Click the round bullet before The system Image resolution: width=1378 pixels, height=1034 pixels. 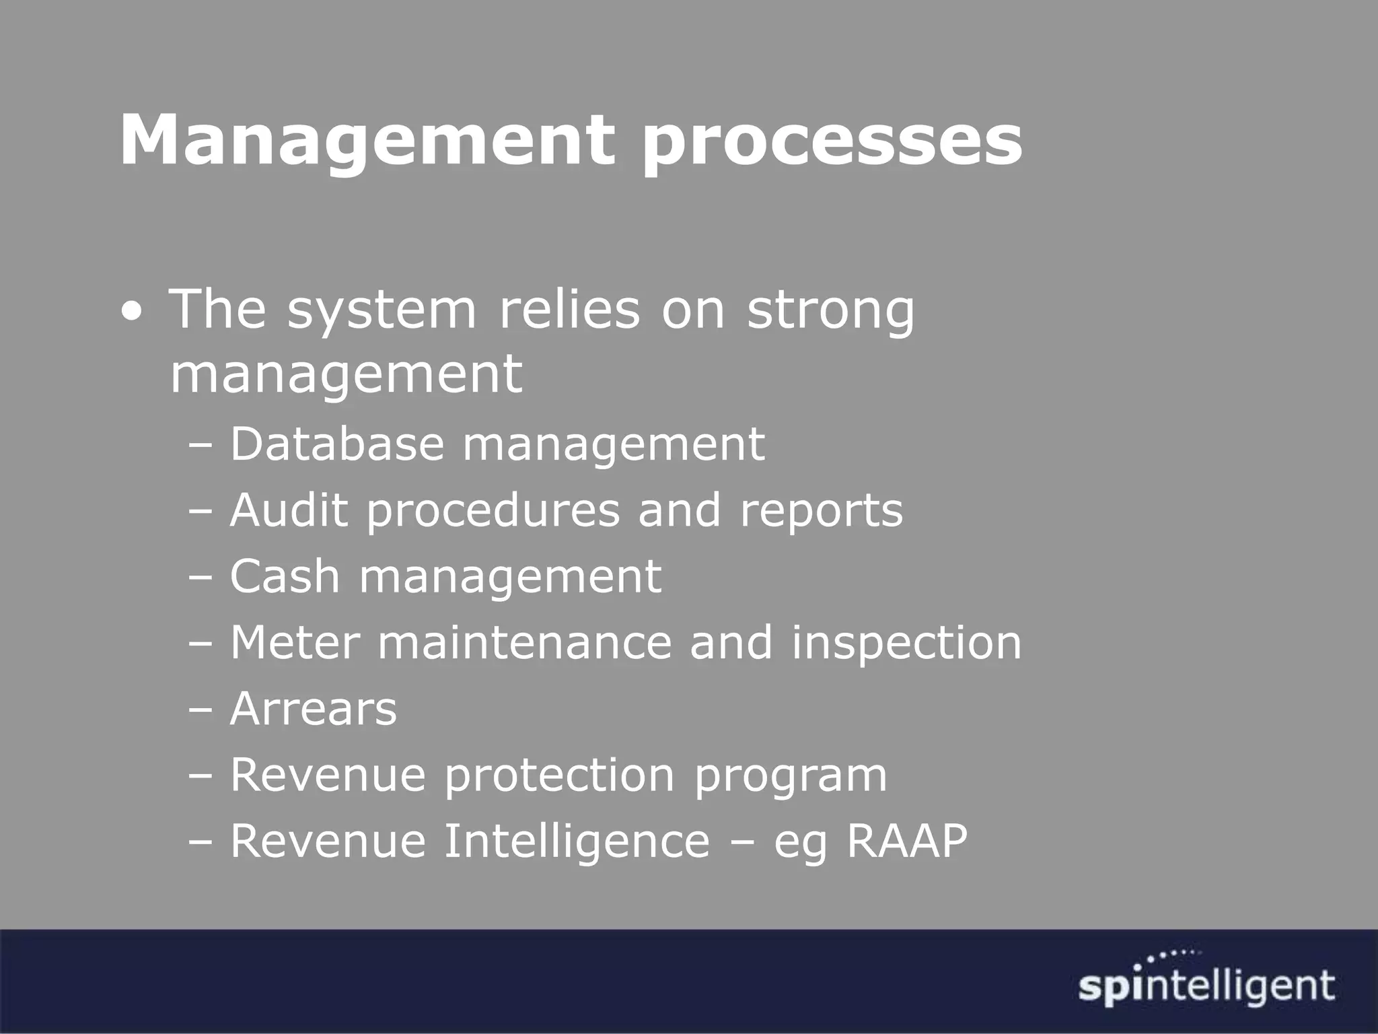pyautogui.click(x=133, y=312)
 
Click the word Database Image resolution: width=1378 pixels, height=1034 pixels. pyautogui.click(x=337, y=444)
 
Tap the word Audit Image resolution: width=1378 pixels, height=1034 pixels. pyautogui.click(x=289, y=510)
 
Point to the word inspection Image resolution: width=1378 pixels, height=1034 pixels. pyautogui.click(x=906, y=643)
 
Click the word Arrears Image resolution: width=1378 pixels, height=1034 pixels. pyautogui.click(x=314, y=708)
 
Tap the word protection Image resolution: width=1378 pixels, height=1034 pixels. pyautogui.click(x=559, y=775)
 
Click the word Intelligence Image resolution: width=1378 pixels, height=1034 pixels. pyautogui.click(x=577, y=841)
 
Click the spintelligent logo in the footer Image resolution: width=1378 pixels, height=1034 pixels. pyautogui.click(x=1206, y=988)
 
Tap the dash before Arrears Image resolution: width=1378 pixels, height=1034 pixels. pyautogui.click(x=200, y=709)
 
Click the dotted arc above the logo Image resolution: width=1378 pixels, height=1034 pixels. pyautogui.click(x=1173, y=955)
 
